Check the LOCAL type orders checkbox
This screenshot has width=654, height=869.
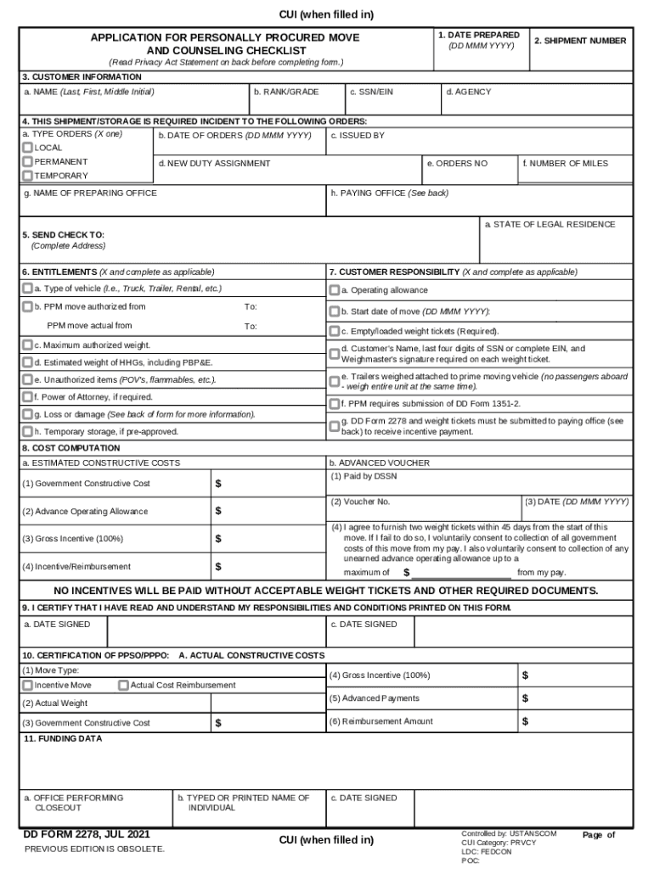pos(28,148)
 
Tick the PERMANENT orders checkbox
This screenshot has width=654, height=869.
pos(28,161)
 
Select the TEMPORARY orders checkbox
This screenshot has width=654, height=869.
pos(28,176)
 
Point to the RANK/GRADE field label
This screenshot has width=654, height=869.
pos(286,91)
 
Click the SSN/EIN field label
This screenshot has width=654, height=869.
pos(372,91)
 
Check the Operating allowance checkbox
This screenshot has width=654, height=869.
pos(335,290)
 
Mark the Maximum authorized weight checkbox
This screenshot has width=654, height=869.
pos(28,345)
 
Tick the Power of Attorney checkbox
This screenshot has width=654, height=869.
pos(28,396)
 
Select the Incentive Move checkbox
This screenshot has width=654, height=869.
pos(28,685)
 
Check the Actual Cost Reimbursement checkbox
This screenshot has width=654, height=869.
pos(124,685)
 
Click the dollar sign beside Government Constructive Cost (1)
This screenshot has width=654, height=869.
pos(218,484)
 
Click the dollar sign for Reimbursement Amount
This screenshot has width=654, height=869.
pos(525,721)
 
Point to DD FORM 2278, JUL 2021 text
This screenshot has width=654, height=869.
pos(75,834)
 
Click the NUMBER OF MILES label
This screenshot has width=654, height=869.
pos(565,163)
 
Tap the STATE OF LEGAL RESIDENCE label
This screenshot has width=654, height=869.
pos(550,224)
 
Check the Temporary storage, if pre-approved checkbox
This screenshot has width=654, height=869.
pos(28,431)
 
